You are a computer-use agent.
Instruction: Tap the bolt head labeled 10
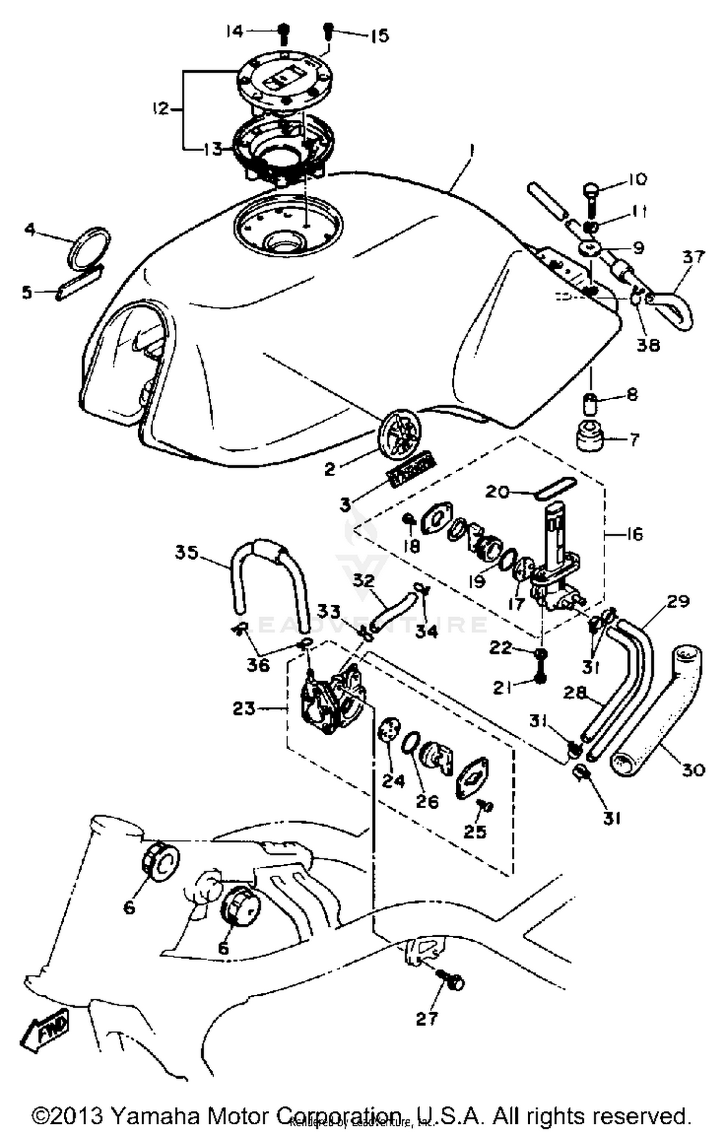[592, 189]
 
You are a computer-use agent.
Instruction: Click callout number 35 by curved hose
[187, 552]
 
